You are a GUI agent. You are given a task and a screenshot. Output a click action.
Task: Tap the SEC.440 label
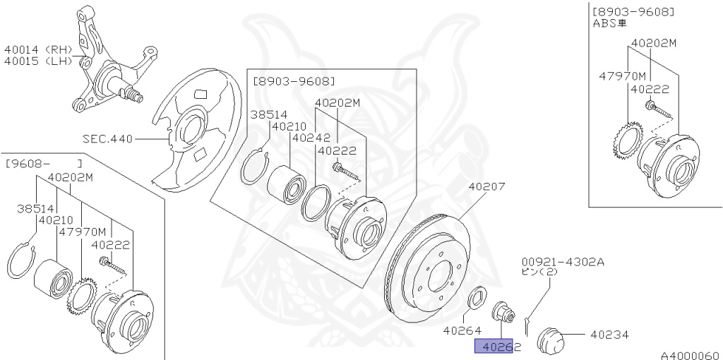pos(107,139)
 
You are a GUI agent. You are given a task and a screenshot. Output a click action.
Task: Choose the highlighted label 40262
pos(498,347)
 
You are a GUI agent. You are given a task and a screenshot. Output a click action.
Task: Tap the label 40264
pos(462,330)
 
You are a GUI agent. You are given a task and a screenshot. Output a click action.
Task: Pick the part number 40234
pos(609,335)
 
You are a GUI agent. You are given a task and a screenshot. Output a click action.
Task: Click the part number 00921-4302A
pos(563,260)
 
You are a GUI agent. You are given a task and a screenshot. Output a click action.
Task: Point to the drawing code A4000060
pos(690,354)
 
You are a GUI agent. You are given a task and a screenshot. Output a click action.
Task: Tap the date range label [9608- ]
pos(44,164)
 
